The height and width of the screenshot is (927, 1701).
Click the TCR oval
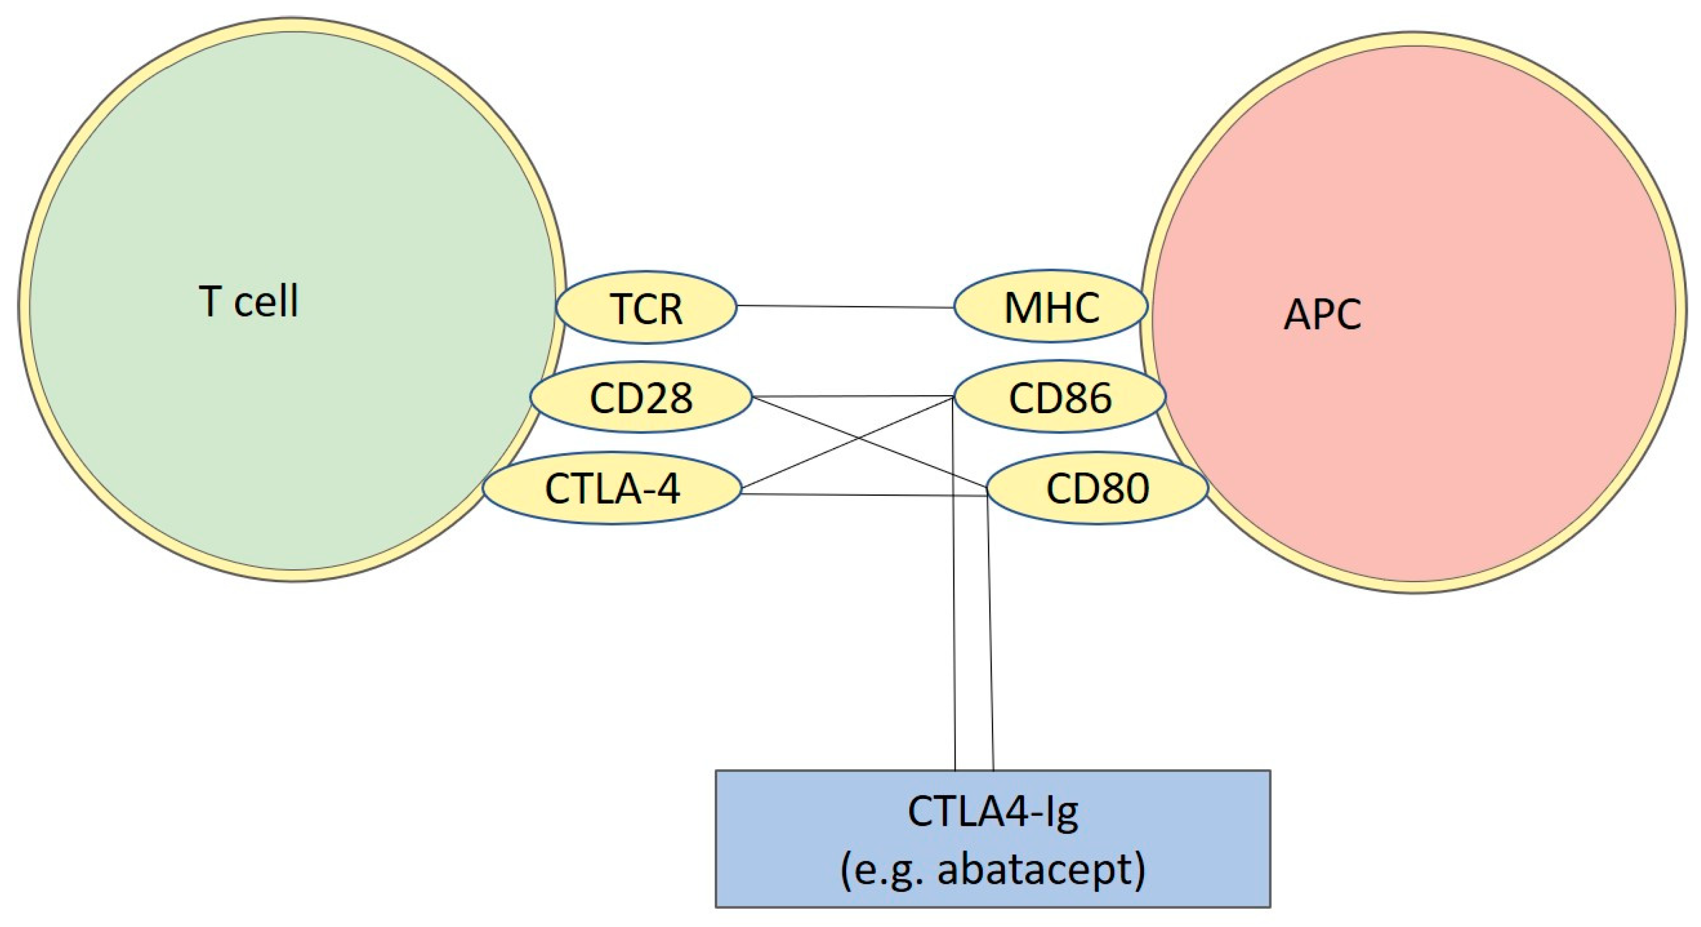[x=646, y=307]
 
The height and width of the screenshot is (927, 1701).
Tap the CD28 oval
[x=641, y=397]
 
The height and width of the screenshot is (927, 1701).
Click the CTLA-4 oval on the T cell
[x=611, y=488]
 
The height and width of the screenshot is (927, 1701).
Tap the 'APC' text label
[x=1322, y=314]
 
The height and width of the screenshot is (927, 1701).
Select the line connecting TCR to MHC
[x=845, y=307]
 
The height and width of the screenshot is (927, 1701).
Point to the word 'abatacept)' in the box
[x=1041, y=869]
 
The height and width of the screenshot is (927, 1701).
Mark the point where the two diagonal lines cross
[x=858, y=438]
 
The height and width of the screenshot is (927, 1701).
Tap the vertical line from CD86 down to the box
[x=954, y=628]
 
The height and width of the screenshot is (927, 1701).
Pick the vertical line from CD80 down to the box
[x=990, y=628]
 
